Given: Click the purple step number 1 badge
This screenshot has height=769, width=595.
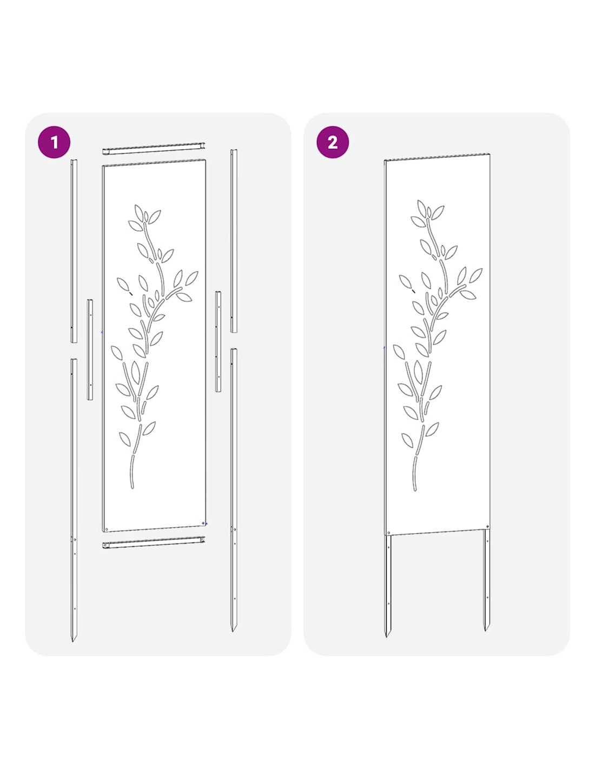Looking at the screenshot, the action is tap(54, 142).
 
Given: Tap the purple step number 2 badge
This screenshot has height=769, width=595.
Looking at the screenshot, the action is tap(332, 142).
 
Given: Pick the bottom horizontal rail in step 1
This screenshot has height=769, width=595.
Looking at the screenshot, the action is tap(154, 542).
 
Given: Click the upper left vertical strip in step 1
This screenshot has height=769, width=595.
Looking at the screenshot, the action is tap(74, 251).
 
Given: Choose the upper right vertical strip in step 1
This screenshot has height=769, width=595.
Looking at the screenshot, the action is tap(234, 241).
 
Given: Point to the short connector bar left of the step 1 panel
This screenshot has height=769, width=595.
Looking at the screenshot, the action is tap(90, 350).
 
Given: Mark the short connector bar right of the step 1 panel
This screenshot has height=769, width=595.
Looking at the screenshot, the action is tap(219, 341).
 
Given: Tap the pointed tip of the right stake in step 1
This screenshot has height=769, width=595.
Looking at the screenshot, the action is tap(233, 631).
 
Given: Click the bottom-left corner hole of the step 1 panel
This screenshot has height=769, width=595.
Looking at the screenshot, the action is tap(107, 529).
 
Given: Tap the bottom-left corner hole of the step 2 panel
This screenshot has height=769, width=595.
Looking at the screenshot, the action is tap(389, 533).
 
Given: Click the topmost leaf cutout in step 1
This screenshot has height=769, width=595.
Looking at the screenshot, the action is tap(139, 211).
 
